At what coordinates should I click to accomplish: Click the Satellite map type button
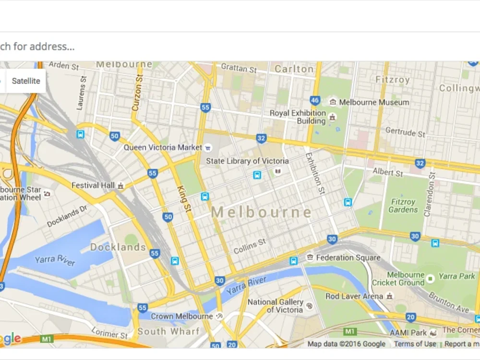click(25, 81)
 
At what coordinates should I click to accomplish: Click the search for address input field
click(192, 47)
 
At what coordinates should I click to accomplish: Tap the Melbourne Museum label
click(374, 102)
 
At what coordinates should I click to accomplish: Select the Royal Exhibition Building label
click(298, 117)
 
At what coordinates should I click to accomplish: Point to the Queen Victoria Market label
click(163, 147)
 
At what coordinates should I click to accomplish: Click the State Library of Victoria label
click(247, 161)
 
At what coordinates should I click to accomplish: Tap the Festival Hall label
click(93, 185)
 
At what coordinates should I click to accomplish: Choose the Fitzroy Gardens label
click(403, 206)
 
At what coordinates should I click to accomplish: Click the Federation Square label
click(348, 258)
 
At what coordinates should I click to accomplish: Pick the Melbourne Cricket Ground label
click(398, 279)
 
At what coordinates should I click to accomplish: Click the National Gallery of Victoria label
click(276, 306)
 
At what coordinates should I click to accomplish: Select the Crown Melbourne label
click(181, 316)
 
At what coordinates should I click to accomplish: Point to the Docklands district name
click(118, 247)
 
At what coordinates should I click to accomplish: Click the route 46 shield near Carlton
click(315, 100)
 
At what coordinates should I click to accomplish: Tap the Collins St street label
click(250, 247)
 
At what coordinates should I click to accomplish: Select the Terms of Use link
click(415, 344)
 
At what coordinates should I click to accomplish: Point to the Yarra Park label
click(456, 276)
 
